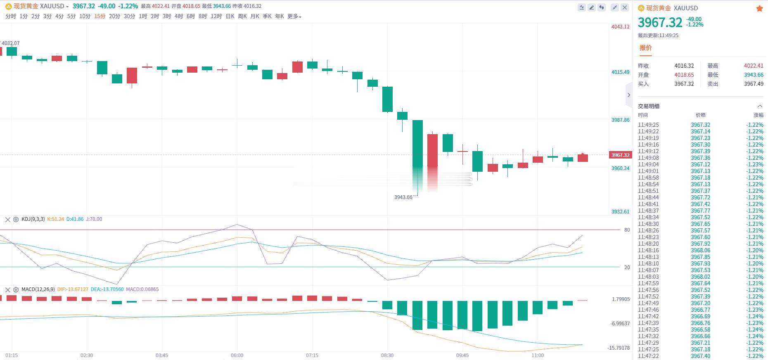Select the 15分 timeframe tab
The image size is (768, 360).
[100, 16]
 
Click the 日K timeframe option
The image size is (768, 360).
[230, 16]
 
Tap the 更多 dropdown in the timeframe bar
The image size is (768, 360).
[294, 16]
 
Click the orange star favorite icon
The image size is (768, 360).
[759, 8]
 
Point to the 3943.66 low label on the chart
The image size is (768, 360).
[403, 197]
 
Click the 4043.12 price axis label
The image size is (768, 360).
[620, 27]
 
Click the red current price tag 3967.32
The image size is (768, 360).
[620, 155]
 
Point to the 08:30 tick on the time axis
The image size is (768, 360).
[387, 355]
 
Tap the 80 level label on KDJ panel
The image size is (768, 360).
[627, 230]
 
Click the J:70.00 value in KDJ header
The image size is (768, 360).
[94, 219]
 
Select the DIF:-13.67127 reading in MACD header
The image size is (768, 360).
[73, 289]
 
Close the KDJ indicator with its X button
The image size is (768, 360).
[7, 220]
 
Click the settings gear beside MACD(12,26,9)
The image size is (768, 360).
[16, 290]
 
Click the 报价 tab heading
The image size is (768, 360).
[645, 48]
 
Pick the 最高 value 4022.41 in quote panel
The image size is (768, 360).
[754, 66]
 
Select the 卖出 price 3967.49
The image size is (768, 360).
[754, 84]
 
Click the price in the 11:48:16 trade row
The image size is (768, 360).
[701, 250]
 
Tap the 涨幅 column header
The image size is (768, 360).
[759, 115]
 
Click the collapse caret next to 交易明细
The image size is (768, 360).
[760, 106]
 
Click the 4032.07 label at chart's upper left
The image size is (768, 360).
[10, 43]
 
